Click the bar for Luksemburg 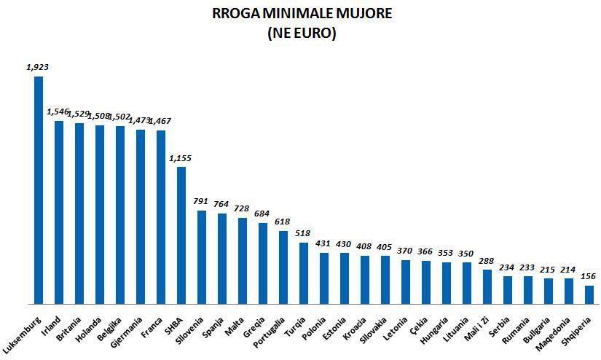click(x=39, y=189)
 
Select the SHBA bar click(x=181, y=235)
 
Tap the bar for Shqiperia click(x=589, y=294)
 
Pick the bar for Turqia click(x=304, y=273)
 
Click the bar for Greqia click(x=263, y=263)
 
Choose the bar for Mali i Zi click(x=487, y=286)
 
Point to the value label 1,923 click(x=37, y=67)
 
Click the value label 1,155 click(x=181, y=157)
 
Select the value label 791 click(x=201, y=201)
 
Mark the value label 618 click(x=283, y=222)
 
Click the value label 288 click(x=487, y=260)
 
